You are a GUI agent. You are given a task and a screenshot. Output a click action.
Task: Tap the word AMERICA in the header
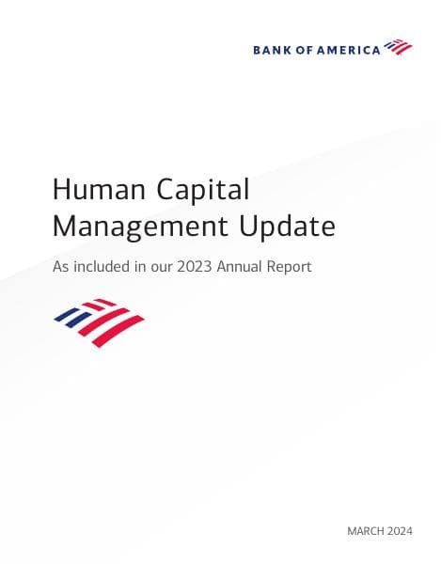pyautogui.click(x=351, y=49)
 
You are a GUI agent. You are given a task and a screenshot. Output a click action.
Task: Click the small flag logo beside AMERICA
pyautogui.click(x=399, y=47)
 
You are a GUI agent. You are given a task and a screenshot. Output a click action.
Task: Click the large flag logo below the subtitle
pyautogui.click(x=99, y=322)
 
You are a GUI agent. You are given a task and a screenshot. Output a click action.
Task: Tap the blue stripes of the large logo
pyautogui.click(x=74, y=317)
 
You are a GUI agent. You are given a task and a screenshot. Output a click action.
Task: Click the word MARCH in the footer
pyautogui.click(x=367, y=532)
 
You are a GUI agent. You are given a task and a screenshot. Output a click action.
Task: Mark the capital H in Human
pyautogui.click(x=62, y=190)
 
